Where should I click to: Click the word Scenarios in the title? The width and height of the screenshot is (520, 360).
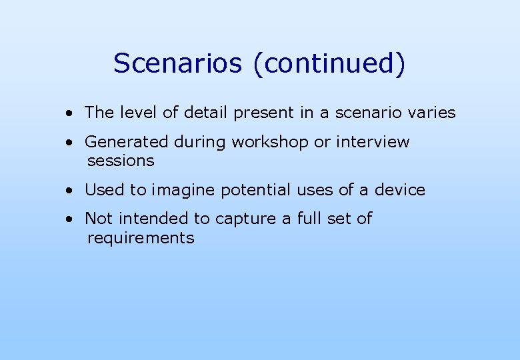[178, 63]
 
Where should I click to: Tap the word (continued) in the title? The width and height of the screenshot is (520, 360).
[329, 64]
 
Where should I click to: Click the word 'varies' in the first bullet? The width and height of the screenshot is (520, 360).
[431, 113]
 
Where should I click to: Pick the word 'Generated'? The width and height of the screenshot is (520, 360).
[127, 142]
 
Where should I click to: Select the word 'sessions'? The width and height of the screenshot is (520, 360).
[121, 161]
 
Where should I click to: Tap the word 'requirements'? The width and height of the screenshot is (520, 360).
[141, 238]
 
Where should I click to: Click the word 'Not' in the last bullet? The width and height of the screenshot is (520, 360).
[99, 219]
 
